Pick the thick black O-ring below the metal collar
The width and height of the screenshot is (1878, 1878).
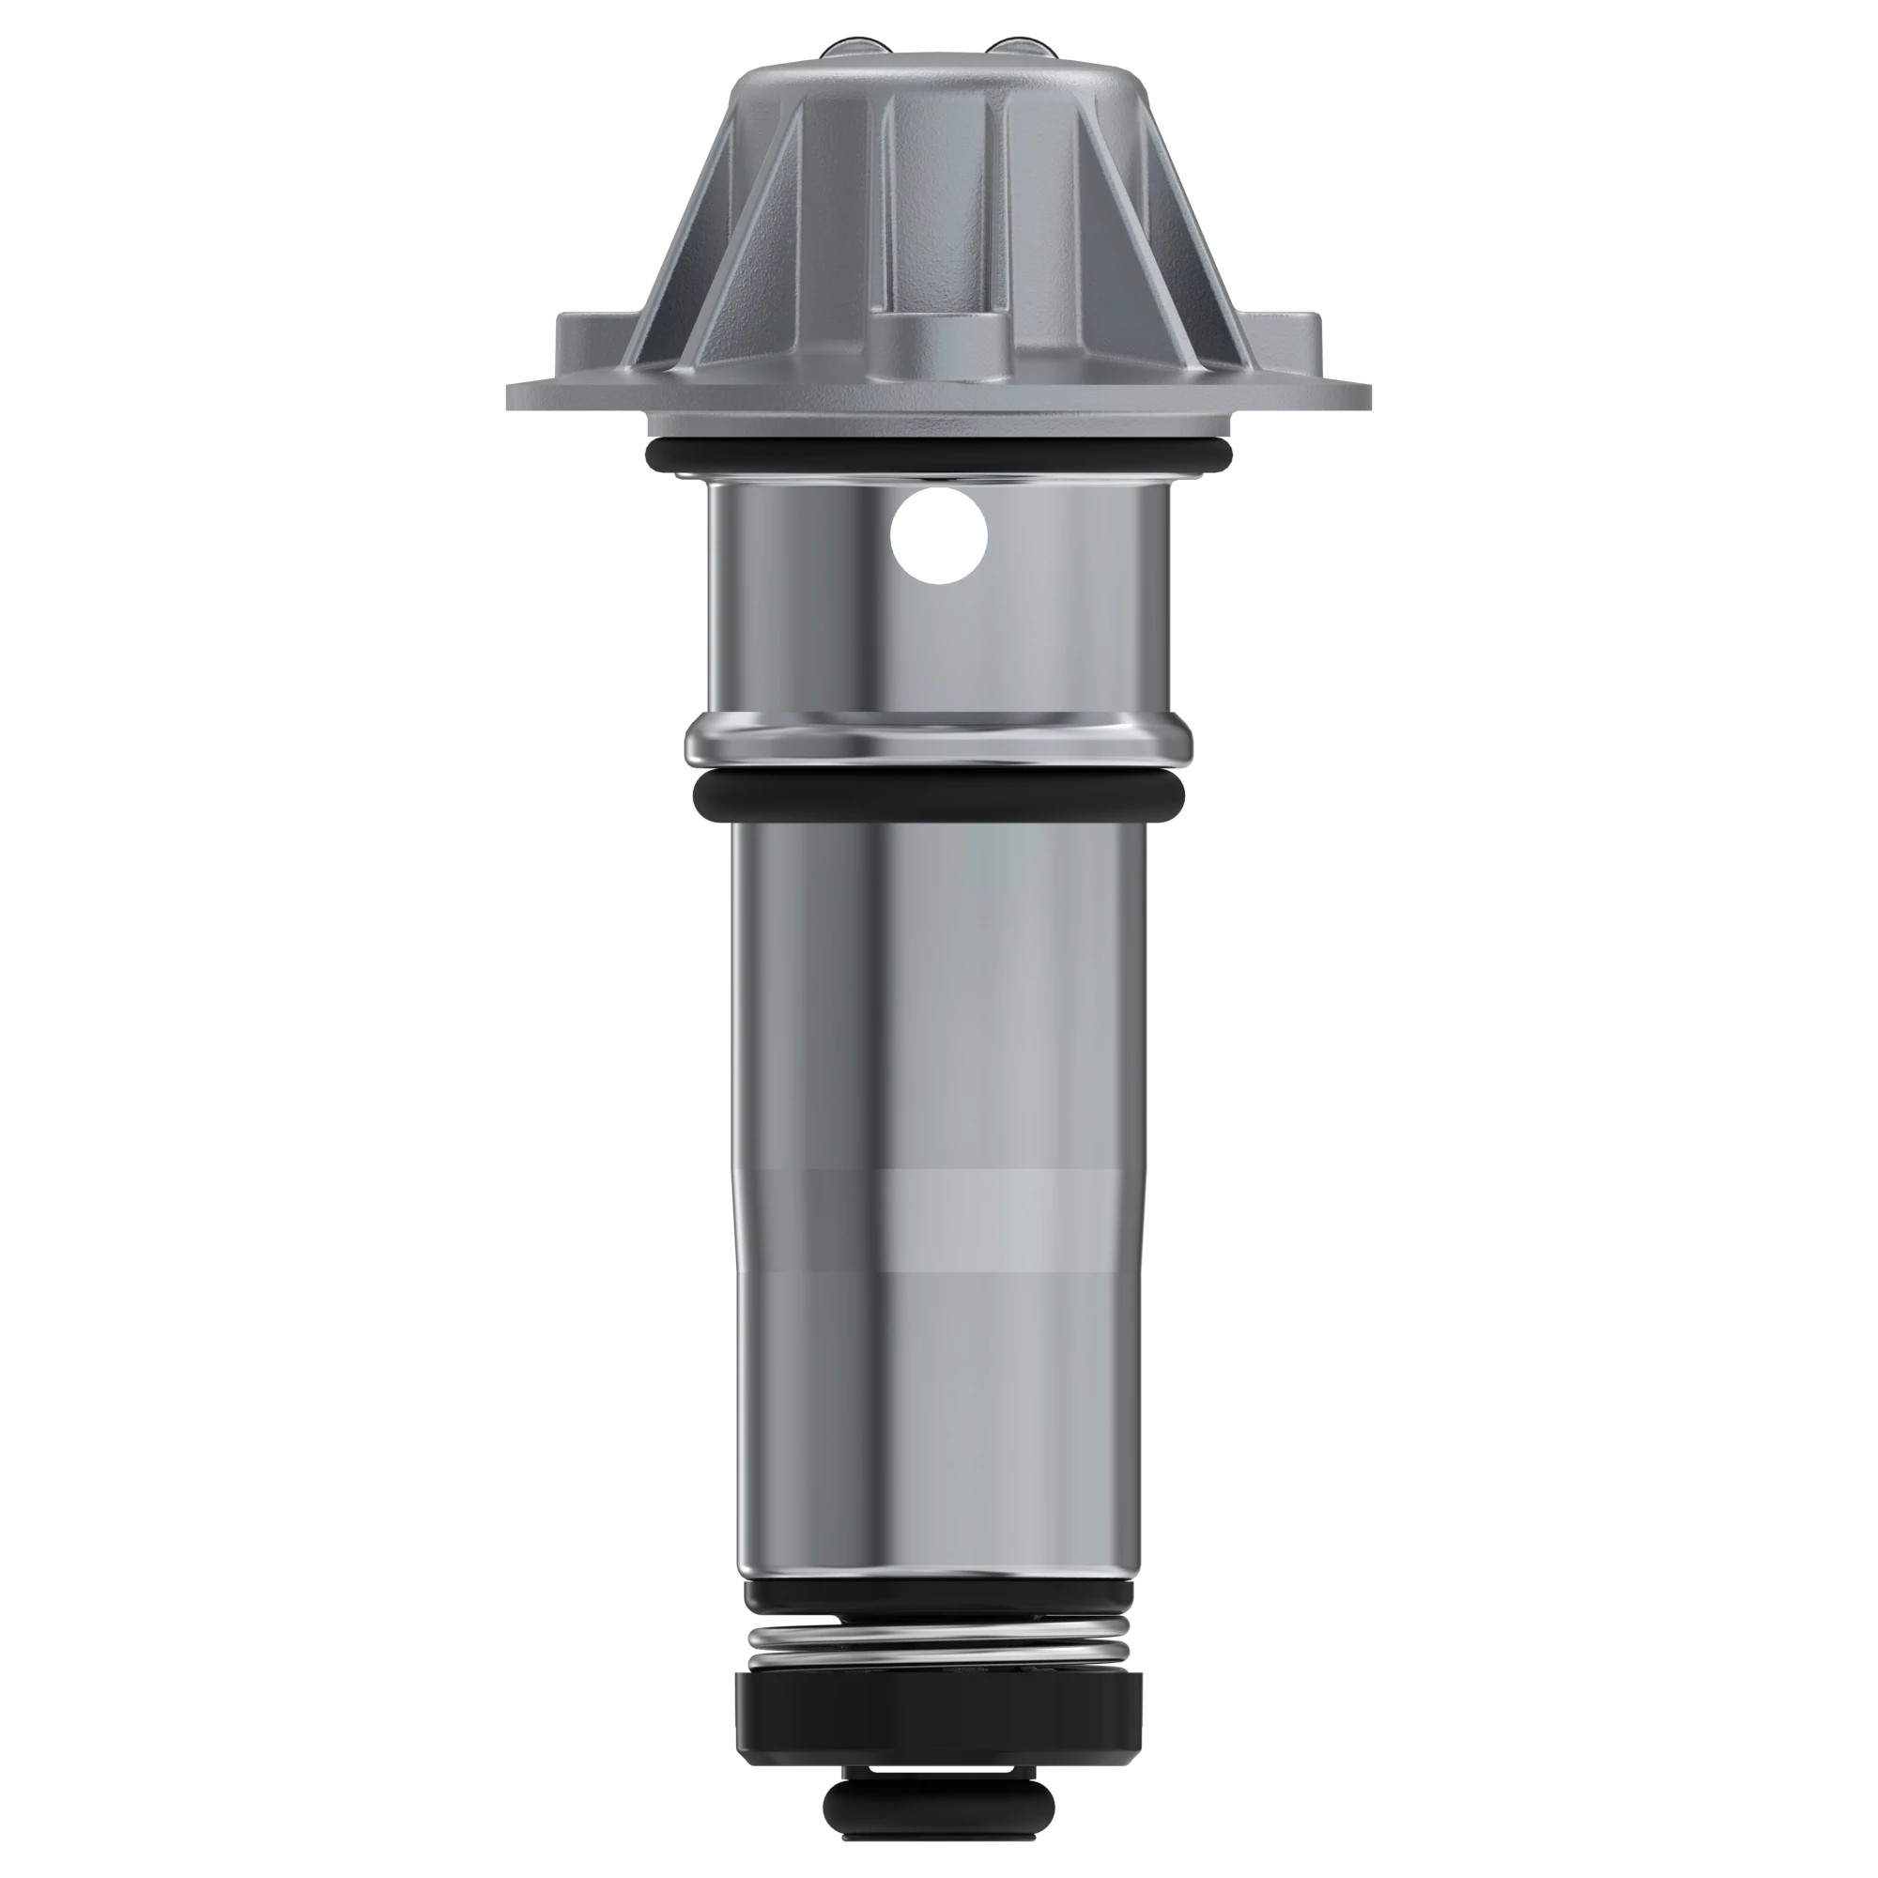point(939,795)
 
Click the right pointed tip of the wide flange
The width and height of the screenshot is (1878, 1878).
point(1368,394)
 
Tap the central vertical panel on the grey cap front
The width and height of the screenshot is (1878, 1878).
point(939,194)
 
